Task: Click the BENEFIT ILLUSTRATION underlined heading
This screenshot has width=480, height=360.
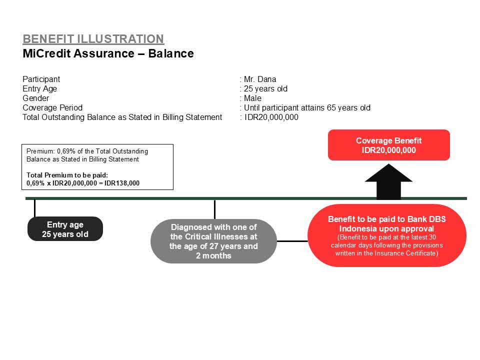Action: [93, 39]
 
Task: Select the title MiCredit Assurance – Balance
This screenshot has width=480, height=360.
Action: [108, 53]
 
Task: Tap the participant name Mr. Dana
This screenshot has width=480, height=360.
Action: [260, 79]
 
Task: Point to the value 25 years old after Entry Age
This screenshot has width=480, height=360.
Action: [265, 89]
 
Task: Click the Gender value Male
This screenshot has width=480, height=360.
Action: [252, 98]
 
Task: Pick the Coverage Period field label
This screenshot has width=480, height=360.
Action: [52, 108]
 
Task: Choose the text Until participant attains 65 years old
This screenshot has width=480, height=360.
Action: [307, 108]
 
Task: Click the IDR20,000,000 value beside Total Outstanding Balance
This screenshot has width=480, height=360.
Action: [271, 117]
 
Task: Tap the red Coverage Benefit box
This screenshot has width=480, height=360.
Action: [389, 145]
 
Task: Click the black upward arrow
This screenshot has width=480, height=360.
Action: [388, 181]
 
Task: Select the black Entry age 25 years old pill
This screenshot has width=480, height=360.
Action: [65, 229]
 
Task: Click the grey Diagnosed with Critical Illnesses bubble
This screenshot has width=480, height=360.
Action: [213, 241]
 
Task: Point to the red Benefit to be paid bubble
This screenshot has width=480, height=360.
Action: [387, 235]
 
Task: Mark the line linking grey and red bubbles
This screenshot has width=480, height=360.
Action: [292, 241]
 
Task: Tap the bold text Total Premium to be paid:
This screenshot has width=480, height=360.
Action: [67, 175]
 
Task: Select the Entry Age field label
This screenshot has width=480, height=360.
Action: [40, 89]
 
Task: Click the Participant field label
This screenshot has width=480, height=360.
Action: [41, 79]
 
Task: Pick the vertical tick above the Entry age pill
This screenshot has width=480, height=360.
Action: [35, 208]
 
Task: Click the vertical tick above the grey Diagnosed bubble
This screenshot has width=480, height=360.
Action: [215, 209]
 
